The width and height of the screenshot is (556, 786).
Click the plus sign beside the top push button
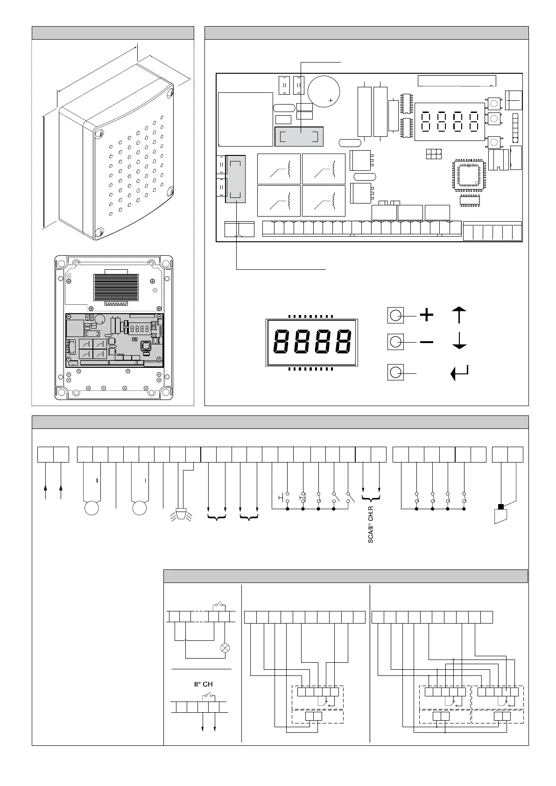(x=427, y=316)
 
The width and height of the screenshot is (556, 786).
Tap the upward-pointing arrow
(x=460, y=315)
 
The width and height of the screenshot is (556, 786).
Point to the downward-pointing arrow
(x=460, y=342)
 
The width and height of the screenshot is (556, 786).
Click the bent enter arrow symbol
(x=459, y=373)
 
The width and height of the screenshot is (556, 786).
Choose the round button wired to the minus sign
(x=395, y=343)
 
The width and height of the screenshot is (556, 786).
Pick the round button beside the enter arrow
(x=395, y=372)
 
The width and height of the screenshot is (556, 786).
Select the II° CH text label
(x=203, y=684)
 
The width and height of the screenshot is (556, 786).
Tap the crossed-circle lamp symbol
(x=225, y=648)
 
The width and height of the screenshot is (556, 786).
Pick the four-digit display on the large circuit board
(x=449, y=121)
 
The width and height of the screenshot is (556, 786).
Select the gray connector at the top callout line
(x=299, y=137)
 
